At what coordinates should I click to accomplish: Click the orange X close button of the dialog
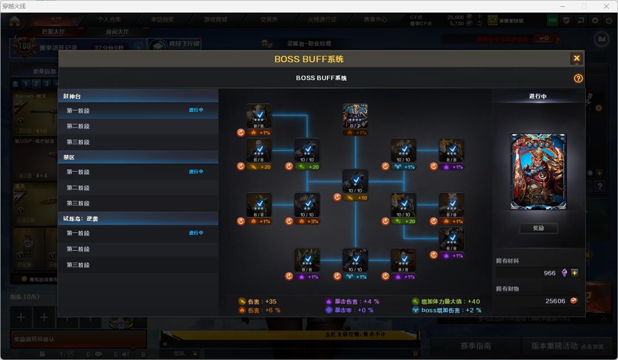click(577, 58)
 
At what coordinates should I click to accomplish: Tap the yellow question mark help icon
click(578, 78)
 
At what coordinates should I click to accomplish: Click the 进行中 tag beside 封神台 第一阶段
click(196, 110)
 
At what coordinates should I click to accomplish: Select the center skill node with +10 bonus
click(355, 182)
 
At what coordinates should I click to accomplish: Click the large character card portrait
click(538, 171)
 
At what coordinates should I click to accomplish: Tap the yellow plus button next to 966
click(575, 273)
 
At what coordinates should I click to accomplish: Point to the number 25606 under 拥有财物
click(555, 301)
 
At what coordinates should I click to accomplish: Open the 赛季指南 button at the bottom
click(475, 346)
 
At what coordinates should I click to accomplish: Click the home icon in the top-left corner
click(14, 21)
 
